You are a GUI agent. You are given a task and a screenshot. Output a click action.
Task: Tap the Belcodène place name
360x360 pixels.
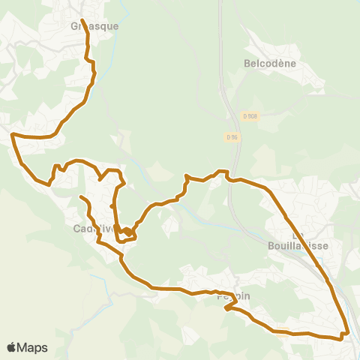271,64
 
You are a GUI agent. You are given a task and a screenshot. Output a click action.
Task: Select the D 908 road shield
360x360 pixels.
250,115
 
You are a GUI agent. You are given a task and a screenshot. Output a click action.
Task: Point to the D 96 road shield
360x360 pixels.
232,136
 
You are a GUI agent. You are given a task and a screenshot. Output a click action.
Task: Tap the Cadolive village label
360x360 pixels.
94,229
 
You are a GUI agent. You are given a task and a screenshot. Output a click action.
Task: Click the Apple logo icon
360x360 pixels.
11,348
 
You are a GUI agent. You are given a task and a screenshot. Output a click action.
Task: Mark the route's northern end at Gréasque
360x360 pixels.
81,20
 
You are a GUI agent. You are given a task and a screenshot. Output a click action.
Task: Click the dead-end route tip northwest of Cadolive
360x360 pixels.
81,197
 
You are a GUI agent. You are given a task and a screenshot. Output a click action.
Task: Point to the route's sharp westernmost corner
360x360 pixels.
13,135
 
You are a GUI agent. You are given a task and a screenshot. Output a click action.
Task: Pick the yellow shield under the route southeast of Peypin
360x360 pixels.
283,334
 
